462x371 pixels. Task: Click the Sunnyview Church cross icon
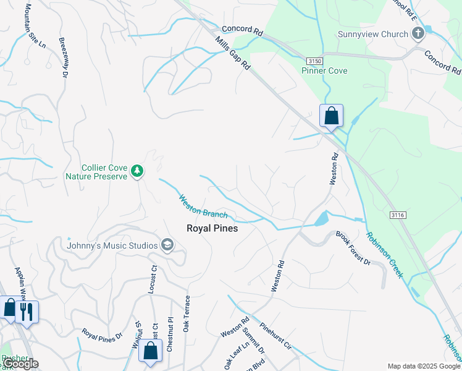tap(418, 33)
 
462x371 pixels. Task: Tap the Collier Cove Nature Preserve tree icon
tap(138, 171)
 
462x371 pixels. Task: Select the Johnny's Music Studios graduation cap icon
tap(166, 245)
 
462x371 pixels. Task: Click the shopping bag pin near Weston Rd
tap(331, 116)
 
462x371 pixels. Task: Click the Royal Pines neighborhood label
tap(212, 228)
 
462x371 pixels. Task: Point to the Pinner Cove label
tap(324, 70)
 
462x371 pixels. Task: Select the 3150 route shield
tap(315, 61)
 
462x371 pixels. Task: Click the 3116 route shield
tap(398, 215)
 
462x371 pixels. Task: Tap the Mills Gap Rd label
tap(233, 53)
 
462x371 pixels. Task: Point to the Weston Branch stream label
tap(203, 207)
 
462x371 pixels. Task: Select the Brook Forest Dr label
tap(353, 248)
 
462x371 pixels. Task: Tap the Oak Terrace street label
tap(186, 313)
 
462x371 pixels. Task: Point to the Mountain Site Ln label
tap(34, 25)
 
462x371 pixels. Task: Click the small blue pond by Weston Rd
tap(321, 218)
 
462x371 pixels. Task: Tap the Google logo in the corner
tap(20, 364)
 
